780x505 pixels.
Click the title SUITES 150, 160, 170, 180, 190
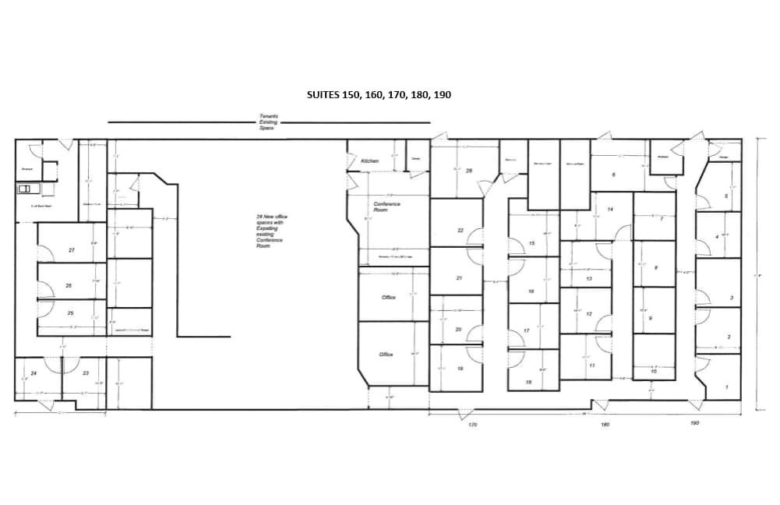coord(379,94)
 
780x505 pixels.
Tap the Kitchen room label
coord(369,161)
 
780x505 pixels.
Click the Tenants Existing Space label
coord(268,122)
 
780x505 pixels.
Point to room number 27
coord(71,250)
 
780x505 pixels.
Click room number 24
coord(34,373)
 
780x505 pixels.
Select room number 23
coord(86,373)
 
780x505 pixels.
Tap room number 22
coord(461,231)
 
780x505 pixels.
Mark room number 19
coord(461,369)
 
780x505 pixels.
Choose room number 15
coord(531,243)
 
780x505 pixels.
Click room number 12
coord(589,314)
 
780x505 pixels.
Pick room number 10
coord(653,373)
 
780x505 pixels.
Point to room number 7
coord(661,219)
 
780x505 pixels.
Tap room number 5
coord(726,196)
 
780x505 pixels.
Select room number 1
coord(727,387)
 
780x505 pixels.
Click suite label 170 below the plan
coord(472,426)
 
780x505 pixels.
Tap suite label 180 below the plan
coord(605,425)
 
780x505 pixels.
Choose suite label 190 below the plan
coord(694,423)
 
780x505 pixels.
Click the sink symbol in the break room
coord(25,188)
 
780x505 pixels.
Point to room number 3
coord(730,298)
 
